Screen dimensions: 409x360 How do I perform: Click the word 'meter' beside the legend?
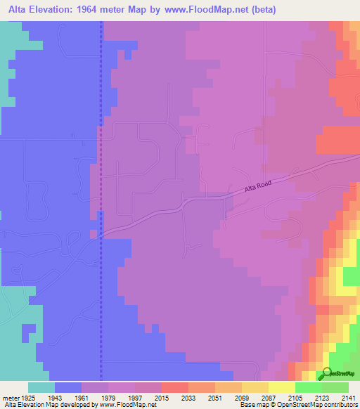click(x=11, y=396)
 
